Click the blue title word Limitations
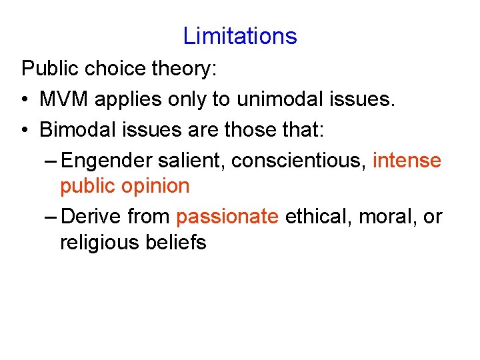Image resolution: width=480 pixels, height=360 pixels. tap(240, 35)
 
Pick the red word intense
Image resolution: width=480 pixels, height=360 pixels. tap(407, 160)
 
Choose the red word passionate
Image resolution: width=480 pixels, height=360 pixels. tap(227, 216)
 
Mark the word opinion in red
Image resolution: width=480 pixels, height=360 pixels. tap(156, 187)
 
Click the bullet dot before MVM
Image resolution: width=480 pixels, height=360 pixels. tap(25, 100)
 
